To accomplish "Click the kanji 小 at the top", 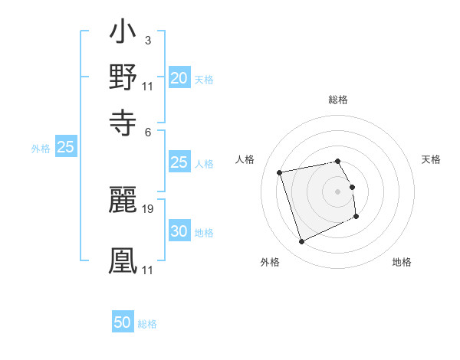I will click(x=123, y=34).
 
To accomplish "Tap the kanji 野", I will click(x=123, y=77).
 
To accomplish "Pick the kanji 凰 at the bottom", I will click(x=123, y=260).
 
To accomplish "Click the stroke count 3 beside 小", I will click(x=147, y=41).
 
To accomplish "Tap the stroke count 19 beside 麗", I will click(x=148, y=208).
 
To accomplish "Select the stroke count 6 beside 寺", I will click(x=147, y=131).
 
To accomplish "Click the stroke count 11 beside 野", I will click(x=148, y=86).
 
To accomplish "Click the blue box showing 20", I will click(x=179, y=78).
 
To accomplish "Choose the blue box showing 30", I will click(x=179, y=232).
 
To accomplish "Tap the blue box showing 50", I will click(x=123, y=322).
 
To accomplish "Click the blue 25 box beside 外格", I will click(x=66, y=148).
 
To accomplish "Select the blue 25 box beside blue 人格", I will click(x=179, y=162).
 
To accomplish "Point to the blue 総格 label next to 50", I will click(x=147, y=324).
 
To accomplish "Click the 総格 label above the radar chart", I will click(x=338, y=100).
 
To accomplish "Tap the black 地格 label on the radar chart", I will click(x=402, y=262).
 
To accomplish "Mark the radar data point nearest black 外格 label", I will click(x=301, y=242).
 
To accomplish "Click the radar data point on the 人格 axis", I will click(x=280, y=172).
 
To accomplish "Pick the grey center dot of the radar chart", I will click(x=338, y=191).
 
